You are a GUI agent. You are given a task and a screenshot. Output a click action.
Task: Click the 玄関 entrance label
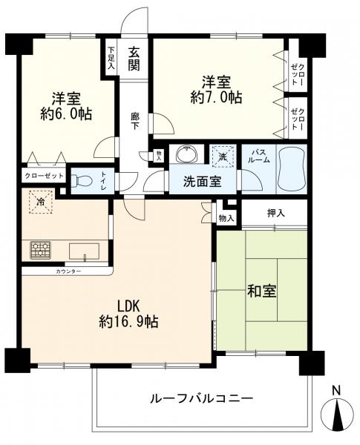tap(134, 59)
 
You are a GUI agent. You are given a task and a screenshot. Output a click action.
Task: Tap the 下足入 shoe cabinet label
tap(111, 58)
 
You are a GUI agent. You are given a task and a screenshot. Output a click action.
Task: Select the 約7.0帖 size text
tap(216, 98)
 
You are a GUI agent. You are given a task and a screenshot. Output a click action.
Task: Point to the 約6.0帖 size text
tap(66, 113)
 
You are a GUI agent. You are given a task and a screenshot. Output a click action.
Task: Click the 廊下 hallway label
tap(135, 121)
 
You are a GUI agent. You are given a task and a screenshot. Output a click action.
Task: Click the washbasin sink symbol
tap(186, 154)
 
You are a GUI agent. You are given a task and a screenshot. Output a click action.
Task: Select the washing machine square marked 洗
tap(223, 156)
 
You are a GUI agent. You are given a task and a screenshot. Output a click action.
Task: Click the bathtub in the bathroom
tap(292, 169)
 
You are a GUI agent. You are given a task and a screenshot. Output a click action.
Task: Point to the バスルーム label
tap(258, 156)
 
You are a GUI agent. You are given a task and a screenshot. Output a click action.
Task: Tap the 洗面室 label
tap(202, 182)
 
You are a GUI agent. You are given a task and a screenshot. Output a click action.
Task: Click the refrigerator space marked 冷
tap(42, 202)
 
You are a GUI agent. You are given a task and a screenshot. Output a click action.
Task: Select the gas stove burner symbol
tap(40, 250)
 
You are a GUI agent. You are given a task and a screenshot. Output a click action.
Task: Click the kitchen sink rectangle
tap(85, 251)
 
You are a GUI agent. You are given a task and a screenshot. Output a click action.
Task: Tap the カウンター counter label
tap(68, 271)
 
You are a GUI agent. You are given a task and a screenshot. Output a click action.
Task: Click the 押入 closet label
tap(276, 213)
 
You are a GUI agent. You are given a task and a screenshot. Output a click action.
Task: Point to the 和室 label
tap(262, 291)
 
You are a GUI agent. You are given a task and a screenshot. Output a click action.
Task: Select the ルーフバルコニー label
tap(201, 399)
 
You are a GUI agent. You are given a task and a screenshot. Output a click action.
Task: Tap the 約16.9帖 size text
tap(128, 322)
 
